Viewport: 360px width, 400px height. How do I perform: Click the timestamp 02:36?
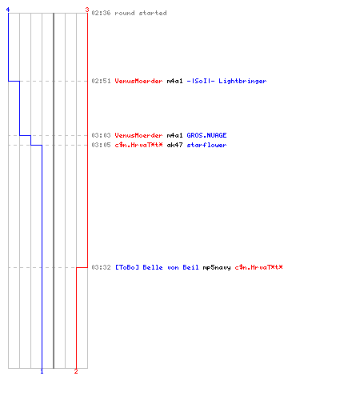click(101, 13)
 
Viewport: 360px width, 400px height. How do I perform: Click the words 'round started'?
click(141, 13)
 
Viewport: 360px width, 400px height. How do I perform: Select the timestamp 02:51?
click(101, 81)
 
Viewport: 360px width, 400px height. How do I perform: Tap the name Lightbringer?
click(242, 82)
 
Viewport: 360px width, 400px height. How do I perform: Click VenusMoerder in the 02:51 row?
click(138, 81)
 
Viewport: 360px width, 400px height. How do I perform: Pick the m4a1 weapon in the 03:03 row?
click(174, 135)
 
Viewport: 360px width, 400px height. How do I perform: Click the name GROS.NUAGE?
click(206, 135)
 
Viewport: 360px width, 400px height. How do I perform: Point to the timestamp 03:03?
click(101, 135)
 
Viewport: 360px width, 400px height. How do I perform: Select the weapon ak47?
click(174, 145)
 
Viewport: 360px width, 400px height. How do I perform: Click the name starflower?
click(206, 145)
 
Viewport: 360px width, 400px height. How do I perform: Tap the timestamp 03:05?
click(101, 145)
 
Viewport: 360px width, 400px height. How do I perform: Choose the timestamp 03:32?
click(101, 267)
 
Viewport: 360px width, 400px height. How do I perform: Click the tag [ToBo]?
click(127, 267)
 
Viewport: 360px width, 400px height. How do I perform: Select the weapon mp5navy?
click(217, 267)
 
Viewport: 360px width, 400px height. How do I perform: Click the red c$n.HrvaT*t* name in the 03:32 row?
click(258, 267)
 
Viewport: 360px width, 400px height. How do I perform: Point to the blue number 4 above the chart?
click(8, 10)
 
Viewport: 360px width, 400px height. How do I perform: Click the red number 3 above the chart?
click(87, 10)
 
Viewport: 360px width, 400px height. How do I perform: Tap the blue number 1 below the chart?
click(42, 371)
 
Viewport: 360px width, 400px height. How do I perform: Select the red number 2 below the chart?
click(76, 371)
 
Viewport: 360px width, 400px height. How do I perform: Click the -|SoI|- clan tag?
click(201, 81)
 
